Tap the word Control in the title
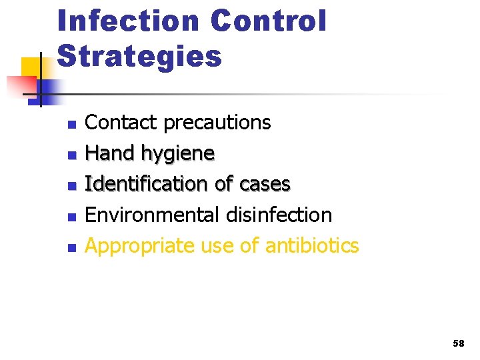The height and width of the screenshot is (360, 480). point(269,21)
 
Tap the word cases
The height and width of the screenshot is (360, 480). point(265,184)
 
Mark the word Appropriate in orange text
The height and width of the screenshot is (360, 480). point(137,246)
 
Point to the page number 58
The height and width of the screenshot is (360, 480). point(458,343)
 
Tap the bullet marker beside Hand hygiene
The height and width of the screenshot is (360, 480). point(73,155)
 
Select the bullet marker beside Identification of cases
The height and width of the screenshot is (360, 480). point(73,186)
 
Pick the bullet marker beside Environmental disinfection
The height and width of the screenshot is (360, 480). point(73,217)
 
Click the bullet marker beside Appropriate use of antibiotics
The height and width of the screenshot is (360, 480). point(73,247)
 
